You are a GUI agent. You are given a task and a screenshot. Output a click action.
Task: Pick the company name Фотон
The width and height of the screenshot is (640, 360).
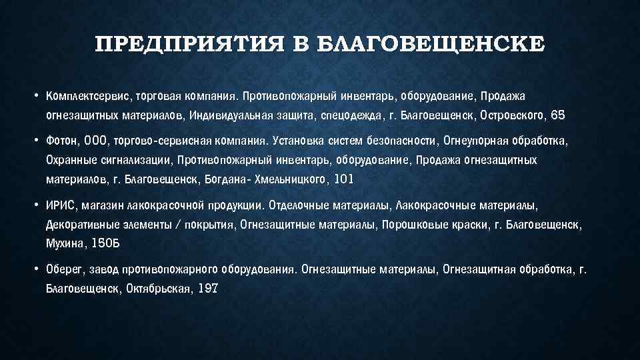point(61,141)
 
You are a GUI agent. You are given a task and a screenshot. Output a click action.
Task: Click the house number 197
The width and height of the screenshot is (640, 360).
point(208,289)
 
